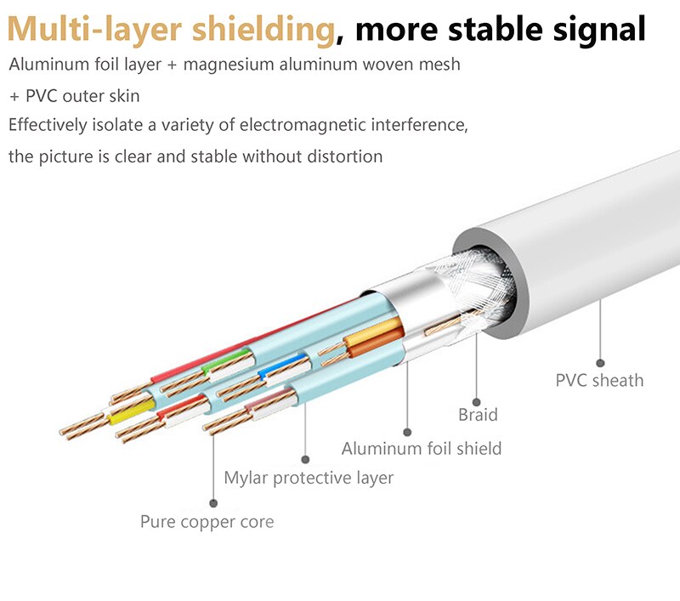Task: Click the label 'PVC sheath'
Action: [599, 380]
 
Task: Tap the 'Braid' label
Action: [478, 415]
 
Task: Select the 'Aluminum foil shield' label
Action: [422, 448]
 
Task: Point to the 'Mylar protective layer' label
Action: [309, 478]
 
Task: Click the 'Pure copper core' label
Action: [207, 522]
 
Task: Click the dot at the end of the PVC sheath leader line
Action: [600, 363]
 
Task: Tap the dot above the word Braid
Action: [476, 402]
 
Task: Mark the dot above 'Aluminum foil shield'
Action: [407, 433]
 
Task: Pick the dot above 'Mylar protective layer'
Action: [305, 460]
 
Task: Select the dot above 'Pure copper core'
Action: [213, 503]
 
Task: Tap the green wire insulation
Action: [227, 360]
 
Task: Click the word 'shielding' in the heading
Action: [263, 30]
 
